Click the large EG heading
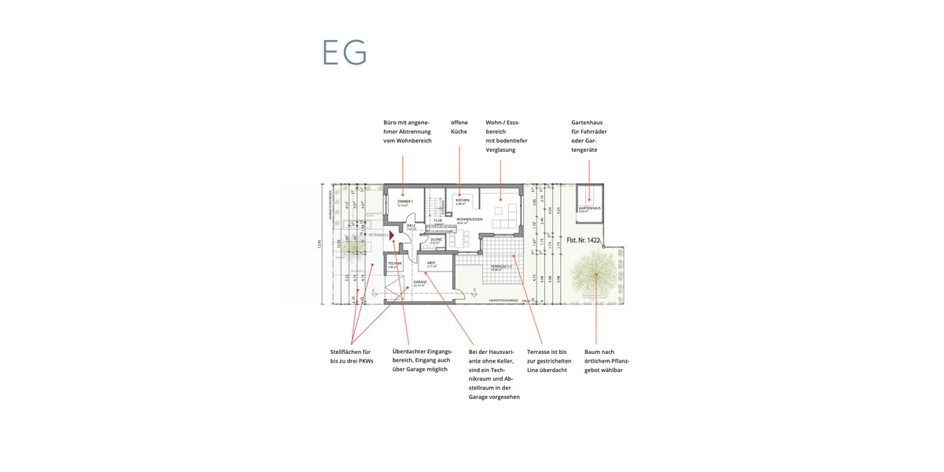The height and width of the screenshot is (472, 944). pyautogui.click(x=345, y=52)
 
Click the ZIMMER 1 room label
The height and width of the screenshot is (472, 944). pyautogui.click(x=404, y=201)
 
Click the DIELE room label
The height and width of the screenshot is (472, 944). pyautogui.click(x=411, y=226)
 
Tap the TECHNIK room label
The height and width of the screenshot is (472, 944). pyautogui.click(x=394, y=263)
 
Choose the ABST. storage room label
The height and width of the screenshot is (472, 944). pyautogui.click(x=431, y=263)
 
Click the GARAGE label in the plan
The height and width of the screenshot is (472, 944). pyautogui.click(x=420, y=282)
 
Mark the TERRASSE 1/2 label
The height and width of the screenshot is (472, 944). pyautogui.click(x=501, y=267)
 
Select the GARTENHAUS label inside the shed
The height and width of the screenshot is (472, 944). pyautogui.click(x=589, y=208)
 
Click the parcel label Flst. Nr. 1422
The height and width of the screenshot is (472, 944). pyautogui.click(x=583, y=239)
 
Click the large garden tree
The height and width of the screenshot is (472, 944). pyautogui.click(x=596, y=275)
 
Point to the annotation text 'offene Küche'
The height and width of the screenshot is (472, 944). pyautogui.click(x=459, y=127)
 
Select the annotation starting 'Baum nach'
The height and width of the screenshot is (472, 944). pyautogui.click(x=603, y=360)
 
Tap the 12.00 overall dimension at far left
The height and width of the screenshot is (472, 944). pyautogui.click(x=319, y=244)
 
